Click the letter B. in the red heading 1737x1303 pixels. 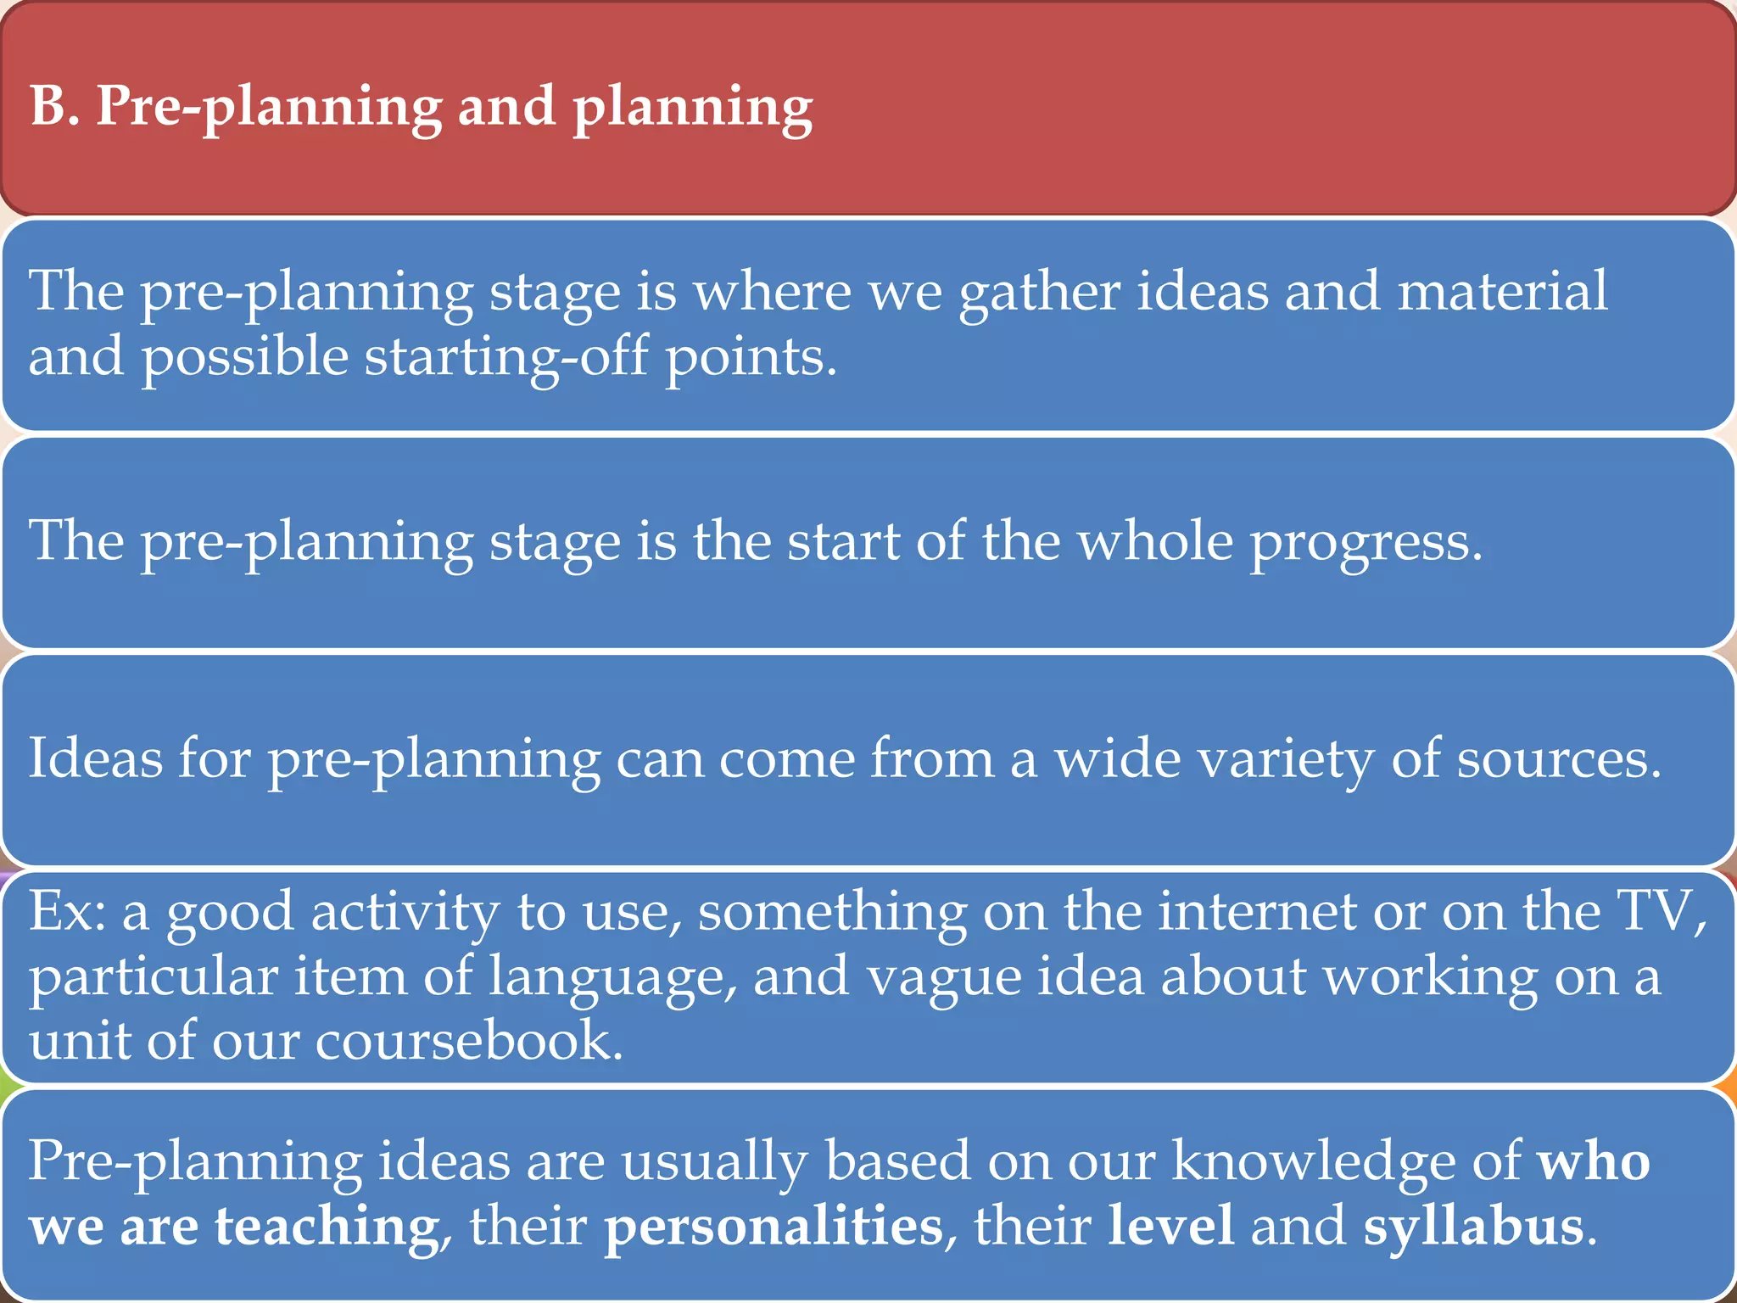click(x=54, y=107)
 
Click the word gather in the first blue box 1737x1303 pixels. click(x=1040, y=292)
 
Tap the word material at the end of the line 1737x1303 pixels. click(x=1501, y=292)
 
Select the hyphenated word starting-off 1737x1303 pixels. click(x=506, y=357)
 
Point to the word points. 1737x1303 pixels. click(x=751, y=357)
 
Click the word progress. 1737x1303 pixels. click(x=1366, y=542)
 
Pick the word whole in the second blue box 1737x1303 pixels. click(x=1154, y=540)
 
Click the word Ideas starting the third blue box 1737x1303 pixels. click(x=95, y=758)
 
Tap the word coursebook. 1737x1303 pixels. click(x=469, y=1041)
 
